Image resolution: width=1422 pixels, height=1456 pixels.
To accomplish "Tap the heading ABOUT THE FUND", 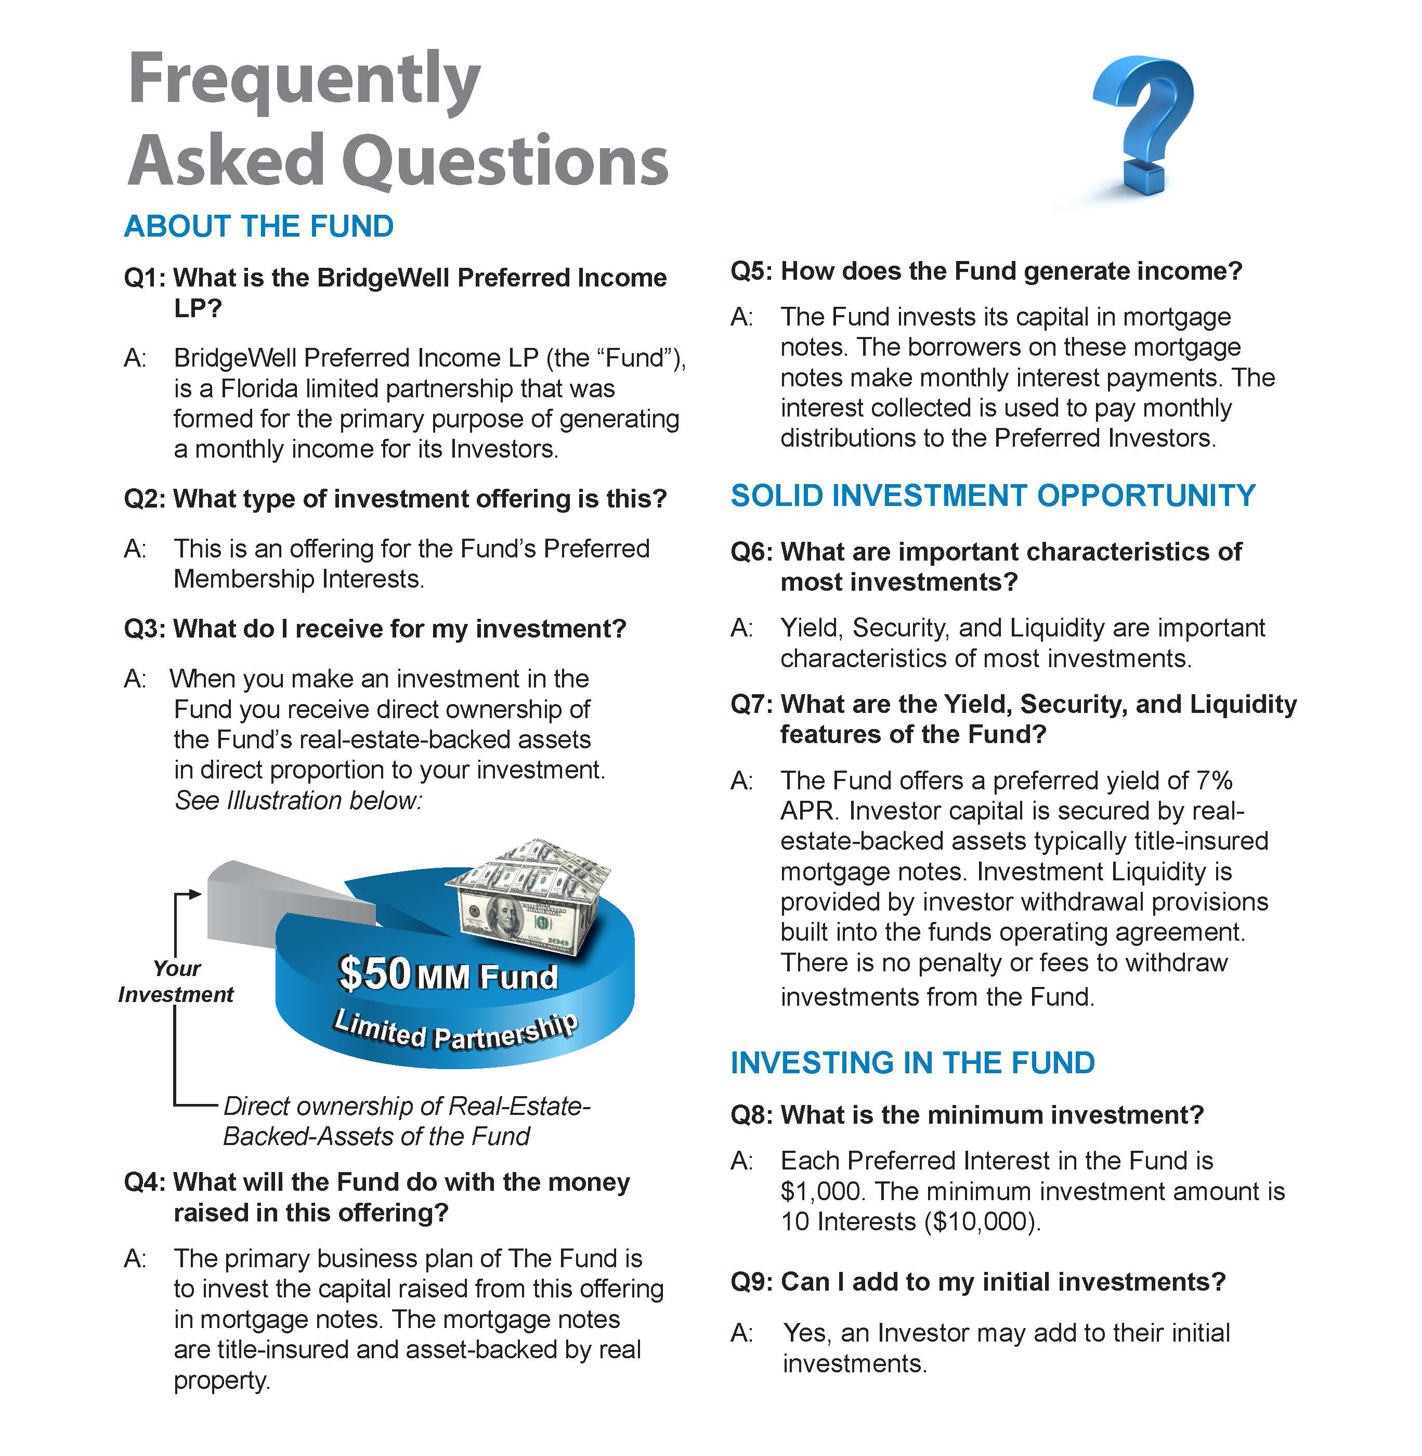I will click(258, 226).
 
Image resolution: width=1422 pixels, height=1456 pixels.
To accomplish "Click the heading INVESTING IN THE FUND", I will click(912, 1063).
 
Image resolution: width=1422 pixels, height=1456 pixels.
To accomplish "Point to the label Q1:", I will click(146, 278).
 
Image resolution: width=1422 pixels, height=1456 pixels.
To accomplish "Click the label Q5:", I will click(752, 271).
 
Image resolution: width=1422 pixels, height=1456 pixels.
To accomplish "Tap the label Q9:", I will click(752, 1282).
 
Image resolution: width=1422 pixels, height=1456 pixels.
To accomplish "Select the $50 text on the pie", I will click(374, 972).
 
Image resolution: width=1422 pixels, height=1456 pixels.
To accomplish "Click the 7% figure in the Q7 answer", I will click(1214, 781).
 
